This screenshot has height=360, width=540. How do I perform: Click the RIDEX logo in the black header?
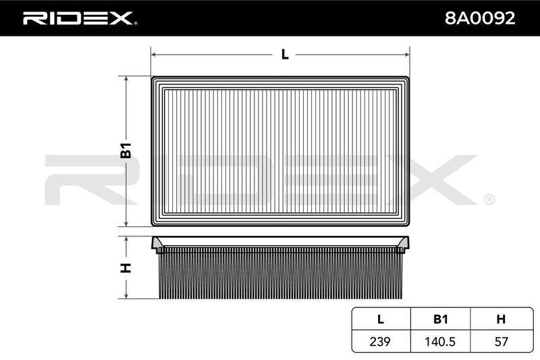pyautogui.click(x=80, y=18)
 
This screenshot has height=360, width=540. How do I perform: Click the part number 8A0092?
pyautogui.click(x=480, y=18)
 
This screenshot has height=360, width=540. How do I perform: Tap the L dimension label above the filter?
pyautogui.click(x=285, y=55)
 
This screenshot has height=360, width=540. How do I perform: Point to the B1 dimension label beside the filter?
pyautogui.click(x=126, y=150)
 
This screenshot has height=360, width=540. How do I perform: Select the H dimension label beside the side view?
pyautogui.click(x=126, y=267)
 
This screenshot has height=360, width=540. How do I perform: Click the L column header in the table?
pyautogui.click(x=381, y=319)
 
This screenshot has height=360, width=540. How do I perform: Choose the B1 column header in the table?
pyautogui.click(x=441, y=319)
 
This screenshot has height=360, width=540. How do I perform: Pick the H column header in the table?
pyautogui.click(x=501, y=319)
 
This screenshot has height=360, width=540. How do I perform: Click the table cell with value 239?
pyautogui.click(x=380, y=341)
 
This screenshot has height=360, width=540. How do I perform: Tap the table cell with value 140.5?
pyautogui.click(x=440, y=341)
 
